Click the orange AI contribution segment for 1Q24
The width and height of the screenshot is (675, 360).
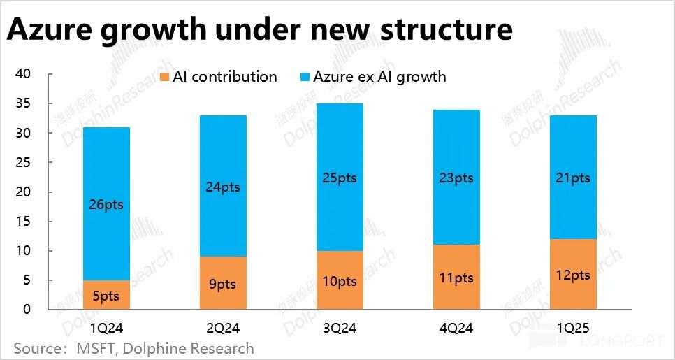click(106, 294)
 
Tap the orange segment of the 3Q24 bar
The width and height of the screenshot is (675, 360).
click(340, 280)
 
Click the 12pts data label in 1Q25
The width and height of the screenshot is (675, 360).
click(573, 275)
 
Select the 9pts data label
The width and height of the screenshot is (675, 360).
click(222, 285)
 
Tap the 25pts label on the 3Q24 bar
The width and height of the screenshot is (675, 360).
click(340, 178)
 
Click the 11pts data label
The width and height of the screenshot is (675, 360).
click(456, 278)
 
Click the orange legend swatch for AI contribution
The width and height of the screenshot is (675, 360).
click(165, 76)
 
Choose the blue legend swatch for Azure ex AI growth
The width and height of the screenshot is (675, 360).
click(304, 76)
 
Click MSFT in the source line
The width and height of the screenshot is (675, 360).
click(96, 347)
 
